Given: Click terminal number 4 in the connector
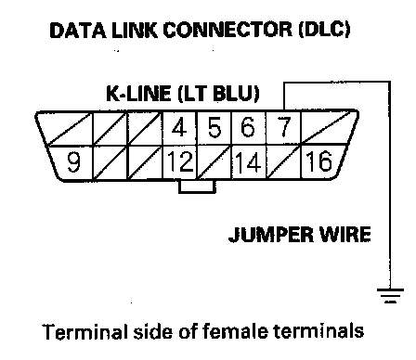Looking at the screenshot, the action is point(179,127).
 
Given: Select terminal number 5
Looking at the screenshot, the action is point(214,127).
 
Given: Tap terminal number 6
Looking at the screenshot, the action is point(248,127).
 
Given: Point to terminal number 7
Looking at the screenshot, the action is point(283,127).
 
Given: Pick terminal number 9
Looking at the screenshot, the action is point(73,161).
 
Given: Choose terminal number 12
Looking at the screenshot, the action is point(180,161).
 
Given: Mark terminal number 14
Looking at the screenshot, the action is point(248,161).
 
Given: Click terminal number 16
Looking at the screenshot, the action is point(318,161).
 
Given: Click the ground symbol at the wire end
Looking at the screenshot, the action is point(390,295).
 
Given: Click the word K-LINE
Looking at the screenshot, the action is point(138,93).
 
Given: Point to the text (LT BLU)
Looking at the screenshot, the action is point(219,94).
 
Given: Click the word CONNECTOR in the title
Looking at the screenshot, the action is point(227,30).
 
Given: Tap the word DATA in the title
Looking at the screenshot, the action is point(78,31).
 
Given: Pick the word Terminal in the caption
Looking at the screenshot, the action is point(84,331).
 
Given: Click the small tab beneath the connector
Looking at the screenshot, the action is point(197,186).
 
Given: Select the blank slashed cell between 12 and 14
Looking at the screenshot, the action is point(214,161).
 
